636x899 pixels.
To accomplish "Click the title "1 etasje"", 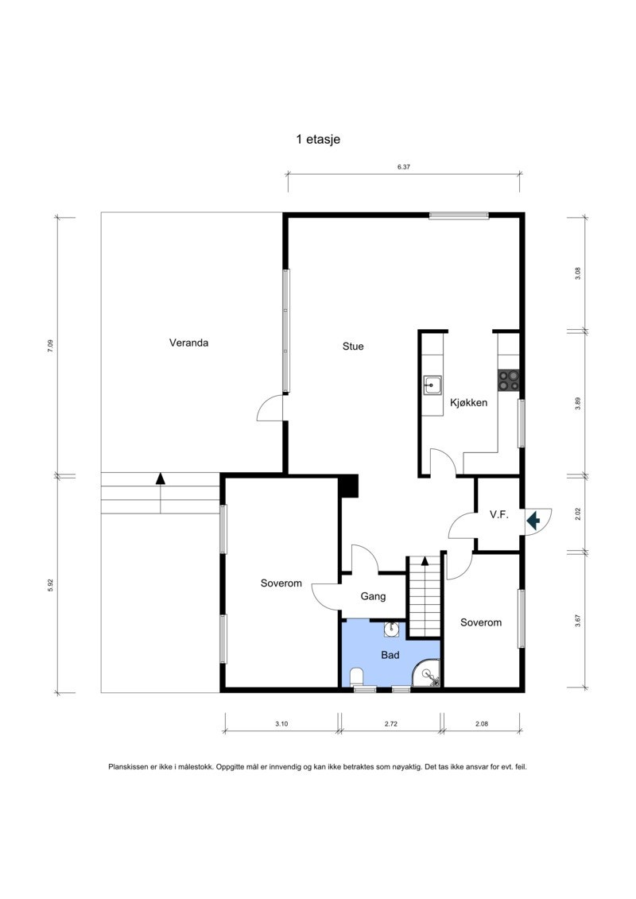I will (x=318, y=139).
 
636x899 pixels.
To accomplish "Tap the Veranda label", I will (x=188, y=343).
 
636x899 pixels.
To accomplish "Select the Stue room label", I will (x=353, y=347).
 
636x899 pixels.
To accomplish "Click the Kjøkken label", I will (x=468, y=403).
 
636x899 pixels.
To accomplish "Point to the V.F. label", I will (x=498, y=515).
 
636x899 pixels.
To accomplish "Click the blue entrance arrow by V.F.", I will (x=533, y=520).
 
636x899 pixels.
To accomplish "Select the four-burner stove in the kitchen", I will (x=508, y=381).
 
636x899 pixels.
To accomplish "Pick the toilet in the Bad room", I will (x=356, y=677).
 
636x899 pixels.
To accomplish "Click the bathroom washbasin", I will (x=391, y=630).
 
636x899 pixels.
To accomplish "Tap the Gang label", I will (x=373, y=596).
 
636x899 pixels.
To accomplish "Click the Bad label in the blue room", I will (x=390, y=656).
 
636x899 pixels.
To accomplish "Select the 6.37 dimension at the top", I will (x=403, y=168).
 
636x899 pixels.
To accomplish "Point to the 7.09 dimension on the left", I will (x=50, y=346).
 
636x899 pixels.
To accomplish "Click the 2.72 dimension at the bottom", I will (x=390, y=724).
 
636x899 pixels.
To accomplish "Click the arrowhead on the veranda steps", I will (x=161, y=478).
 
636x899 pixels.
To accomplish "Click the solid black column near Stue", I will (x=348, y=486).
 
